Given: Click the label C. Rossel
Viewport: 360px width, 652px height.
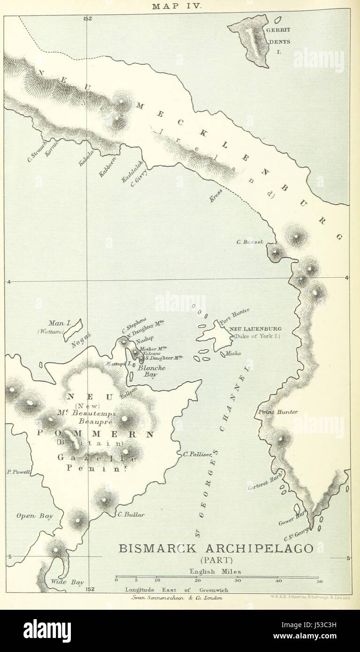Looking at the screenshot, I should [x=250, y=242].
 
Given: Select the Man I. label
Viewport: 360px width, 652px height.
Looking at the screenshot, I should [x=59, y=323].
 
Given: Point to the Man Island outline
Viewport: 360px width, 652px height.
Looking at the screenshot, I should [x=73, y=330].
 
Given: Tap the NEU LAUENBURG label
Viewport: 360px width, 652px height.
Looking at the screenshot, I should [x=255, y=329].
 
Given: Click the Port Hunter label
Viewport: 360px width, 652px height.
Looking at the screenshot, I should [x=237, y=315].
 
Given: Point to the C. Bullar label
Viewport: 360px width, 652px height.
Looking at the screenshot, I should [x=131, y=515].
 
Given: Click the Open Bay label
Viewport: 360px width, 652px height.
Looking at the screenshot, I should [x=35, y=516].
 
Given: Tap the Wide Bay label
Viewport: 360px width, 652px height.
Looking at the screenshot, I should [x=68, y=582].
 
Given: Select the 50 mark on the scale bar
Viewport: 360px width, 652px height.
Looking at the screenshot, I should [x=319, y=581].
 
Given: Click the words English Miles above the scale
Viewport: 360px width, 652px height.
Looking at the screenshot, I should [x=215, y=571].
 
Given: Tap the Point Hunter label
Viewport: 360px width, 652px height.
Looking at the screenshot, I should [x=278, y=412].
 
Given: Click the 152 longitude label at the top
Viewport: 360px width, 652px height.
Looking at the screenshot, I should [x=87, y=18].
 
